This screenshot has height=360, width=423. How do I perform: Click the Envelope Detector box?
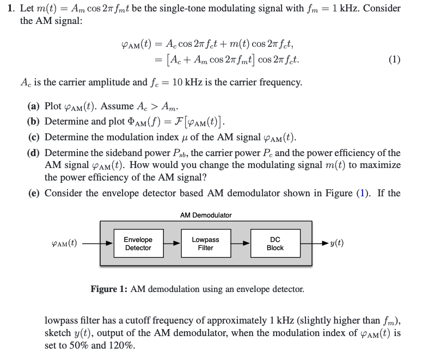(x=138, y=244)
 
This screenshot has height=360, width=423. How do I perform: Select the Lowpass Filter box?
(x=205, y=244)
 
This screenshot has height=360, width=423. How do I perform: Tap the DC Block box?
(x=275, y=244)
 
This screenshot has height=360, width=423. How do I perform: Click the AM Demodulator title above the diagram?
(x=206, y=215)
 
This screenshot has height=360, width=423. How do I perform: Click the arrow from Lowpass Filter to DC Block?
(x=240, y=244)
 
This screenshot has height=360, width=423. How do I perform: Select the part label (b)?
(x=34, y=121)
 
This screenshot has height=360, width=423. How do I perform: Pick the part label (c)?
(x=34, y=136)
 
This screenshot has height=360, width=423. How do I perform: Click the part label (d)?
(x=34, y=153)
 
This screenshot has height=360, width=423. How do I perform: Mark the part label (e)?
(x=34, y=193)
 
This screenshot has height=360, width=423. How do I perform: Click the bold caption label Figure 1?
(x=109, y=289)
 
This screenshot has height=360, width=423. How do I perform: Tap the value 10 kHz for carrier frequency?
(x=186, y=83)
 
